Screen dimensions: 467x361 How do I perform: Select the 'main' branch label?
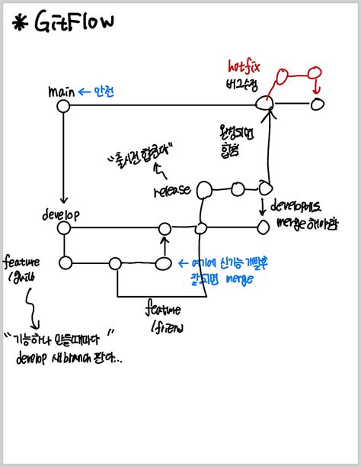click(x=60, y=92)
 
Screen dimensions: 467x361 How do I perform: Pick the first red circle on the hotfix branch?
click(x=282, y=76)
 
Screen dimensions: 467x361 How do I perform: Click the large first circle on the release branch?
click(x=205, y=188)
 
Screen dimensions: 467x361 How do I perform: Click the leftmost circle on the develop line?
click(x=65, y=228)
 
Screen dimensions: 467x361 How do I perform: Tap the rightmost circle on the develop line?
click(x=264, y=226)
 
